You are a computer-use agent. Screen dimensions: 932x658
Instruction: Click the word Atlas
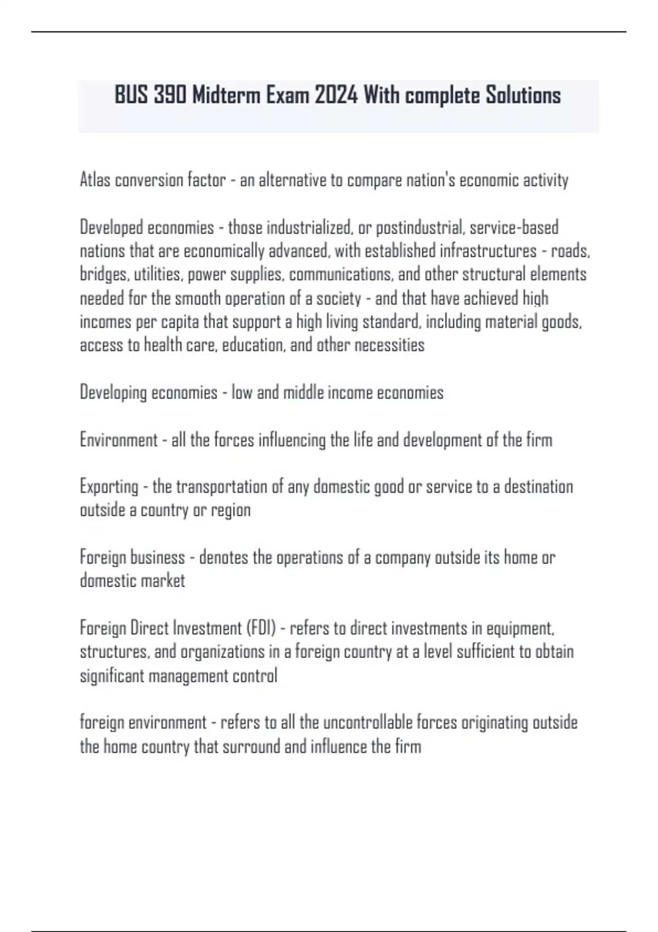(x=95, y=180)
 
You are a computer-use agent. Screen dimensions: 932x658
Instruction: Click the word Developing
(x=113, y=393)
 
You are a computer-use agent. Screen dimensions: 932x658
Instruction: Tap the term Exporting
(x=109, y=487)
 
